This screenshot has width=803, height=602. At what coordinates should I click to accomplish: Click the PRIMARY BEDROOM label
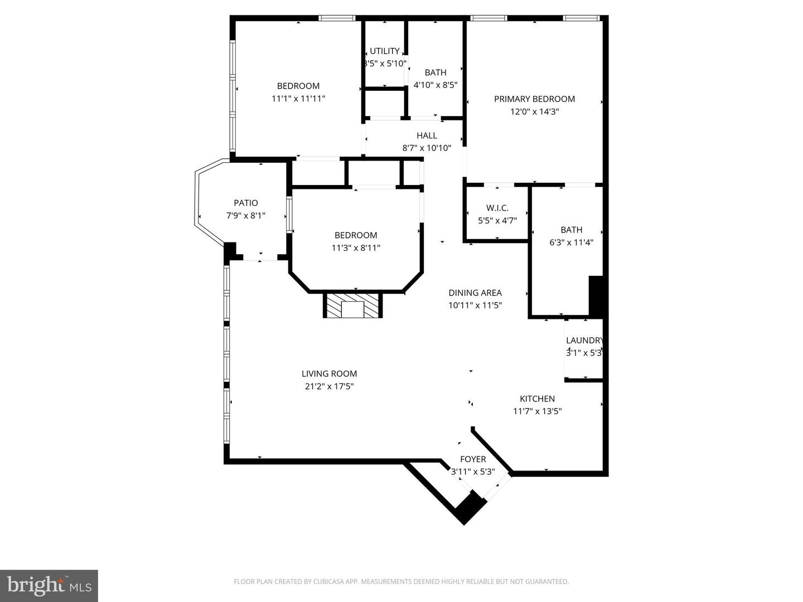(x=534, y=99)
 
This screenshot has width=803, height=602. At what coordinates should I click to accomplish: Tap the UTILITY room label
(x=384, y=51)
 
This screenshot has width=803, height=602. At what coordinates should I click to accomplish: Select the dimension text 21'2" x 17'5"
(x=329, y=386)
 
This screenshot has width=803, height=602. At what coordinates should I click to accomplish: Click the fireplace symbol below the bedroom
(x=352, y=306)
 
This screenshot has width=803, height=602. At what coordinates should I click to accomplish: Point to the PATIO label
(x=245, y=203)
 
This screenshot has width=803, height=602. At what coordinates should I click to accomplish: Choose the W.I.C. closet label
(x=497, y=208)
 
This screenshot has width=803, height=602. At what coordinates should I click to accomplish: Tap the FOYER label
(x=472, y=459)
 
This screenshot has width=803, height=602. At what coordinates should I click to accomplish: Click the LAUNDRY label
(x=584, y=341)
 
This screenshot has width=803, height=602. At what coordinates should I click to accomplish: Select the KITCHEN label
(x=537, y=399)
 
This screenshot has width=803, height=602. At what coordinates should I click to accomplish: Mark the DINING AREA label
(x=475, y=293)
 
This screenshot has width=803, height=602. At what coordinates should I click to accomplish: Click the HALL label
(x=427, y=135)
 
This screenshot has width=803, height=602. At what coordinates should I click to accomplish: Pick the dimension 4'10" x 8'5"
(x=436, y=85)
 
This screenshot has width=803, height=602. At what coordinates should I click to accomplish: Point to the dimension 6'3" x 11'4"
(x=571, y=242)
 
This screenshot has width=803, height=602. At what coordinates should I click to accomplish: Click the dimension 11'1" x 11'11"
(x=298, y=99)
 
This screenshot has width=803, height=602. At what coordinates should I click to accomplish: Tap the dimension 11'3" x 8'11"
(x=356, y=248)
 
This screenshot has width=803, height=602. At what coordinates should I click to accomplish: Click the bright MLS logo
(x=49, y=585)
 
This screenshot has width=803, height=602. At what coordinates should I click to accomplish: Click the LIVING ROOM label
(x=329, y=374)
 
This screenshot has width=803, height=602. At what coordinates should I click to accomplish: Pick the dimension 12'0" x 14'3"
(x=534, y=111)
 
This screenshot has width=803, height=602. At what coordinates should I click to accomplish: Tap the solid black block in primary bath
(x=596, y=296)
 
